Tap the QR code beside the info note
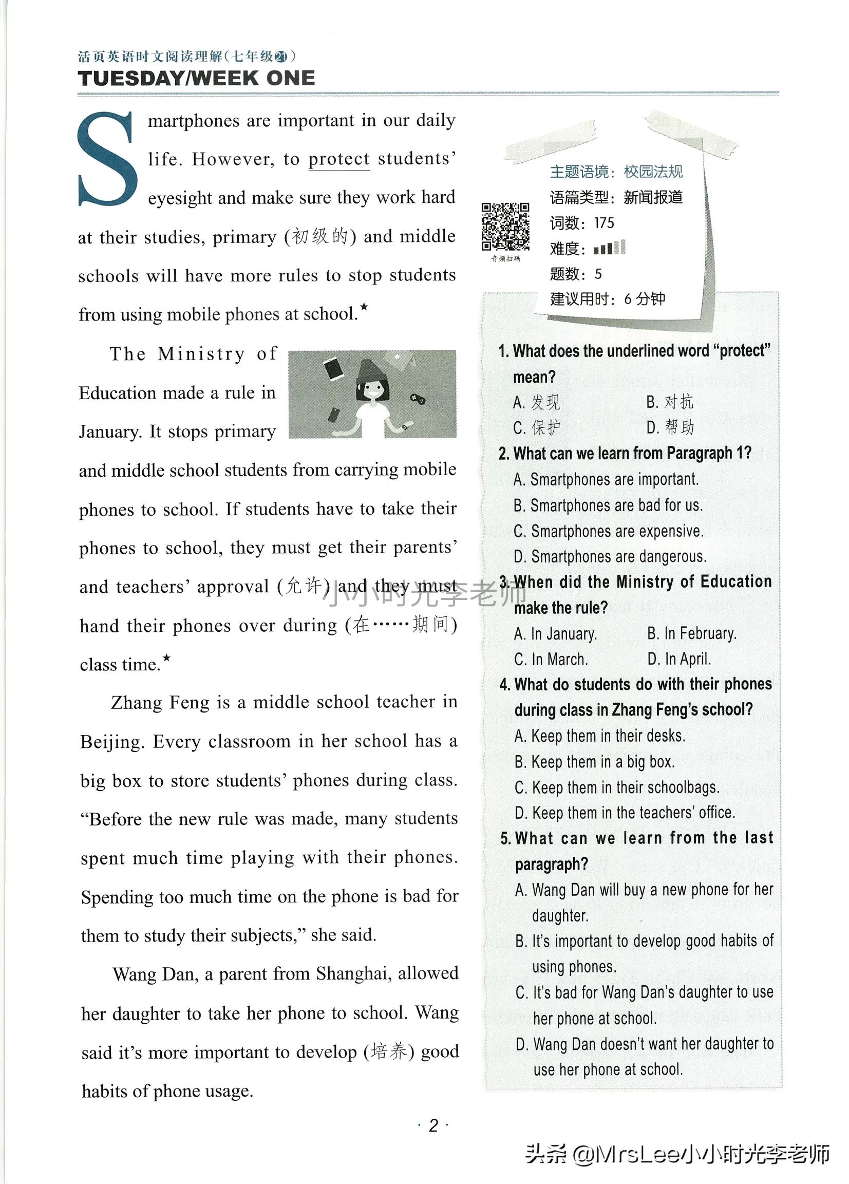click(x=505, y=227)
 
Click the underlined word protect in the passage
click(x=339, y=159)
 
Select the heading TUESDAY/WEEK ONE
click(x=196, y=78)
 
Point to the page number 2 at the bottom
click(x=433, y=1125)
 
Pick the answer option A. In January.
click(x=556, y=634)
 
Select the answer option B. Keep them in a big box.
click(x=595, y=762)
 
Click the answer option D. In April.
click(x=679, y=660)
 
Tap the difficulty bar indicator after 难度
click(x=609, y=248)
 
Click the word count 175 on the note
click(x=604, y=223)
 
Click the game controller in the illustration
click(x=416, y=399)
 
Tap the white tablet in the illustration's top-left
click(x=333, y=369)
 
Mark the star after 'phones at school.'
click(x=364, y=307)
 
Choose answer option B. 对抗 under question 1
click(x=670, y=402)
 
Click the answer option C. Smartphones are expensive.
click(x=609, y=531)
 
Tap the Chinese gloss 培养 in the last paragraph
click(x=388, y=1051)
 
